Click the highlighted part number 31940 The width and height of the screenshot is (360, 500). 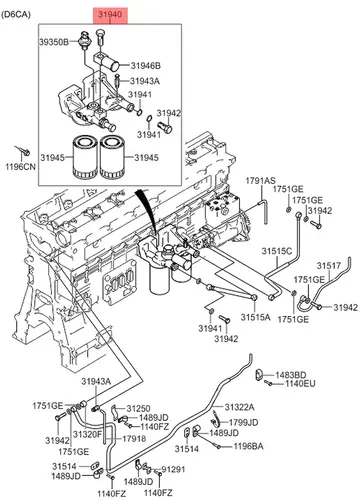[110, 14]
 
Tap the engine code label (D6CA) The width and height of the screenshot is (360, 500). [16, 14]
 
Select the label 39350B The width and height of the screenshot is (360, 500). [54, 42]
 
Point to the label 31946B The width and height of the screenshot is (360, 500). [145, 66]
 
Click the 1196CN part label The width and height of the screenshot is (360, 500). [21, 166]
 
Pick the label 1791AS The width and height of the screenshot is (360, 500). [261, 181]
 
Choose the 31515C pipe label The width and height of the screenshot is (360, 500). [277, 251]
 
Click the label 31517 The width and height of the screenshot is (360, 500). [329, 266]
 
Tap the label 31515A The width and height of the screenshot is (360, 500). [256, 317]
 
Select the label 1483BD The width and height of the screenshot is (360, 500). [290, 375]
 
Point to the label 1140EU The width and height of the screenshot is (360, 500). [300, 384]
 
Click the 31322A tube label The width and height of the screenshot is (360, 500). [239, 407]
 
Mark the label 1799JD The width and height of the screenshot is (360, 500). [243, 423]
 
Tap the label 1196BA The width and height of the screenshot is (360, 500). [248, 446]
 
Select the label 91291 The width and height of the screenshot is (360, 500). [173, 470]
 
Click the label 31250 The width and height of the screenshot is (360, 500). [138, 408]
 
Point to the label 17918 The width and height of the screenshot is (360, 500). [134, 439]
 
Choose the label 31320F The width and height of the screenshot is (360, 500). [87, 434]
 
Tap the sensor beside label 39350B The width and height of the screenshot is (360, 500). [85, 40]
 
